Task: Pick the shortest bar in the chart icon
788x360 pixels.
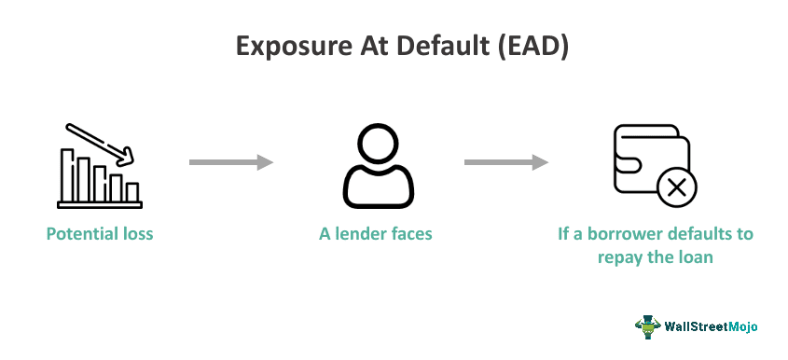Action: [132, 192]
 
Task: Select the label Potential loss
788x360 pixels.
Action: [100, 233]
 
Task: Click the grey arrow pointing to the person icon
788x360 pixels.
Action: [230, 162]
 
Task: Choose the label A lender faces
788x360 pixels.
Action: [375, 233]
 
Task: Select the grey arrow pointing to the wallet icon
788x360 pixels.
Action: [505, 162]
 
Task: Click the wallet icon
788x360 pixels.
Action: [649, 159]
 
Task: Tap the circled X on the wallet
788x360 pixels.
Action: [676, 188]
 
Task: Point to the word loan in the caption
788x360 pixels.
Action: [695, 256]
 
